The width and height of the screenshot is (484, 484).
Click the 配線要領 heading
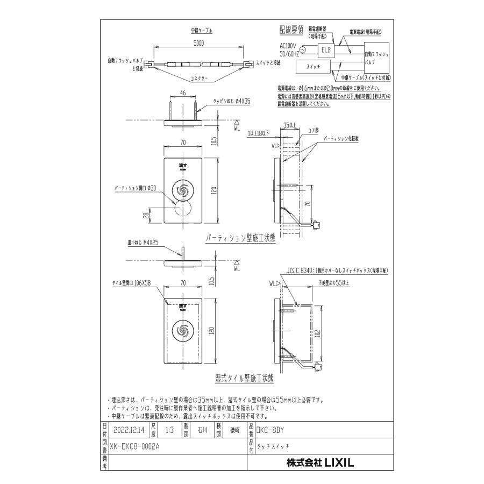(x=292, y=30)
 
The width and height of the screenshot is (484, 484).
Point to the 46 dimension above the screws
(x=182, y=93)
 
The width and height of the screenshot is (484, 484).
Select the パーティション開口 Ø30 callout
(x=135, y=188)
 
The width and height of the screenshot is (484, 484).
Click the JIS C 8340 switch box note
(x=337, y=271)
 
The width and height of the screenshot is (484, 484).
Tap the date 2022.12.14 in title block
(x=130, y=430)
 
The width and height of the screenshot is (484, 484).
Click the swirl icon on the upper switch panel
(x=182, y=190)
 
